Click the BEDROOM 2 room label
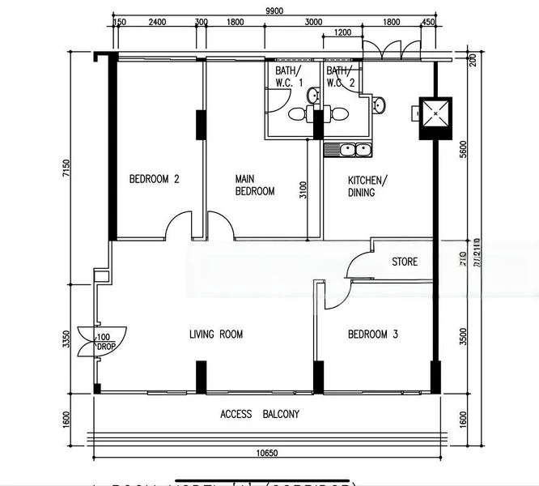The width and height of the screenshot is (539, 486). point(154,180)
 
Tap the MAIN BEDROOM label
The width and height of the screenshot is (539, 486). point(254,185)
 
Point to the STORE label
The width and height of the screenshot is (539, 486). point(405,262)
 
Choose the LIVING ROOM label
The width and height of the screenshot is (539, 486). point(215,335)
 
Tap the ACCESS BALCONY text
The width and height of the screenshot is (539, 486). point(260,415)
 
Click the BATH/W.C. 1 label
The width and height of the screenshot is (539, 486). point(289,77)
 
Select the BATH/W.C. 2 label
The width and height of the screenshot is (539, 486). point(341,77)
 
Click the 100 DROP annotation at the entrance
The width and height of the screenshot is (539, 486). point(104,341)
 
